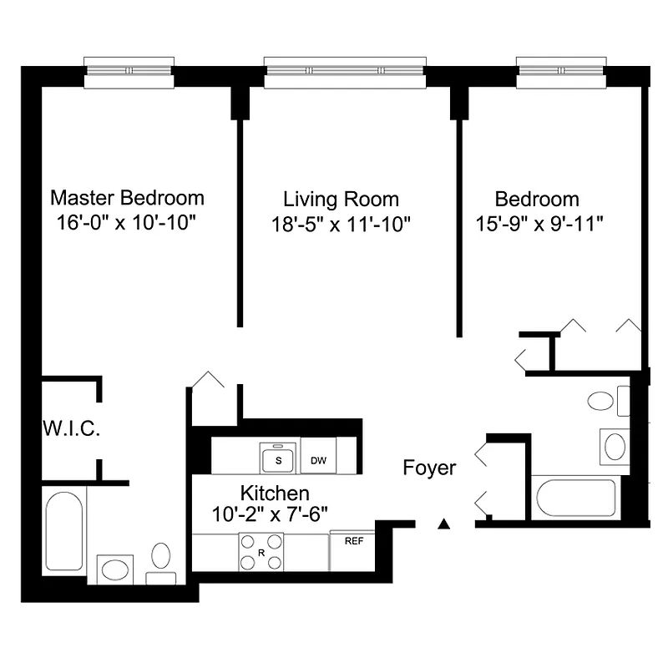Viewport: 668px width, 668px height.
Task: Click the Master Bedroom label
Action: click(127, 198)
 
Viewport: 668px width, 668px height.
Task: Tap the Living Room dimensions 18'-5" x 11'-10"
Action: click(341, 224)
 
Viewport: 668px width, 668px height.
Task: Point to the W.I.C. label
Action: click(72, 430)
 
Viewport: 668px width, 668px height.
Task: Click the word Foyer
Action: click(429, 468)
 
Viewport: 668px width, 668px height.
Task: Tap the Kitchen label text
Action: click(275, 493)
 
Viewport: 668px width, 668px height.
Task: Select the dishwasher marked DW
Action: click(318, 460)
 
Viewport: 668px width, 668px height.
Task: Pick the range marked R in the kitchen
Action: click(261, 551)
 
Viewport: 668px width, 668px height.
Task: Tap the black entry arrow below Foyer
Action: click(444, 524)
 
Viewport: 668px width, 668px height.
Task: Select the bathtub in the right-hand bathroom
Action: click(574, 498)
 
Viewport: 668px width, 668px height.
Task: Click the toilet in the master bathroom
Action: click(161, 561)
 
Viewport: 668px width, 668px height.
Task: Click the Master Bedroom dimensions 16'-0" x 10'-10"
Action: click(127, 224)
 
